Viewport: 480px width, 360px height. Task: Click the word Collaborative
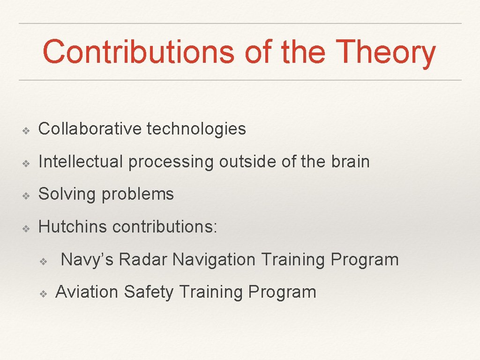(90, 129)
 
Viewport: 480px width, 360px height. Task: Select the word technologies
(196, 129)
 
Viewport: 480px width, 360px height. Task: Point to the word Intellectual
(81, 162)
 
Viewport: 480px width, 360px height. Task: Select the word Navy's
(87, 259)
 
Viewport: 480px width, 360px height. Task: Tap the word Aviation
(87, 292)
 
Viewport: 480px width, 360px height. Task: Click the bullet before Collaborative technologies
(27, 130)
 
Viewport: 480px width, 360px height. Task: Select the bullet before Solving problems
(27, 195)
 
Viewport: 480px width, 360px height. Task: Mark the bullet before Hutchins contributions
(27, 228)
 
